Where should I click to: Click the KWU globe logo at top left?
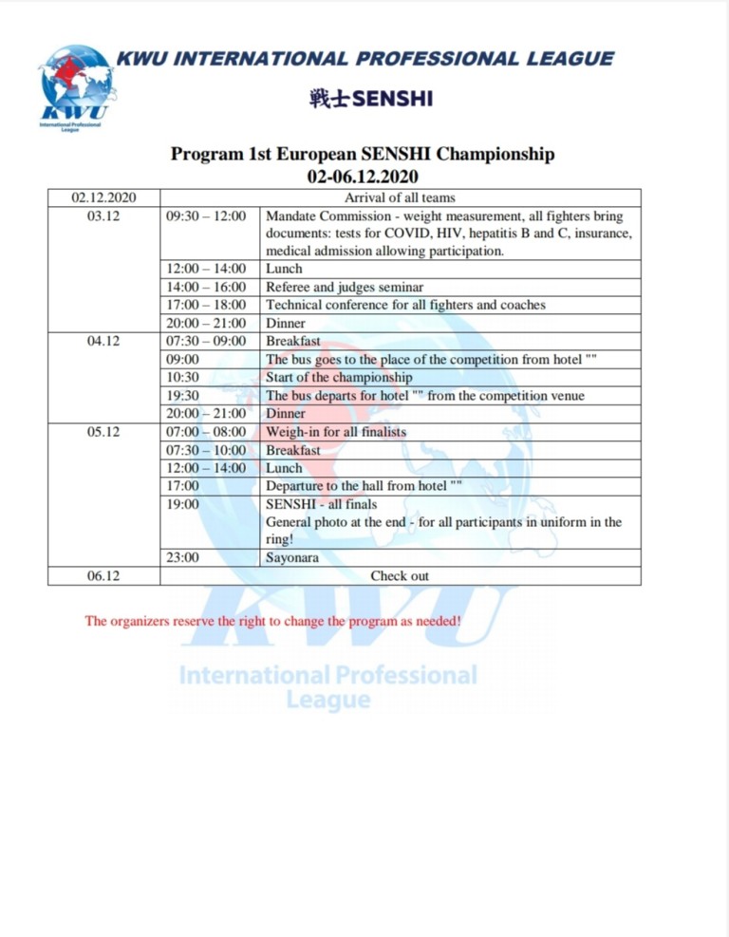(77, 85)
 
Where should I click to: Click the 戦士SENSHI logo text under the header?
(370, 99)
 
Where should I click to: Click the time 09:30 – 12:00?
(206, 216)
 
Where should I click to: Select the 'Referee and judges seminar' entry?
(345, 287)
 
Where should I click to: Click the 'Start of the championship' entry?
(339, 378)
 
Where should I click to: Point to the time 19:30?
(182, 396)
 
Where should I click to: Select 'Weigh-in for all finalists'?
(336, 432)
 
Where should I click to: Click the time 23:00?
(182, 557)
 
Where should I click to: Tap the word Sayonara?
(292, 557)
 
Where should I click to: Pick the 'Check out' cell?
(400, 575)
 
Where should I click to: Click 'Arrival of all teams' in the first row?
(400, 197)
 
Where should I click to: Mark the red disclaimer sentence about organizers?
(273, 621)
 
